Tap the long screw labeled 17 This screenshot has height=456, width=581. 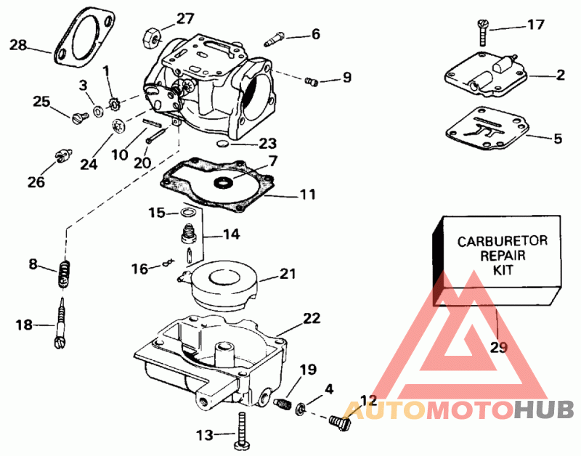pyautogui.click(x=482, y=33)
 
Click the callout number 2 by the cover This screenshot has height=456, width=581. pyautogui.click(x=560, y=75)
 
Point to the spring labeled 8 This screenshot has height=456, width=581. pyautogui.click(x=64, y=273)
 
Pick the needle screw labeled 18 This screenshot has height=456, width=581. pyautogui.click(x=61, y=325)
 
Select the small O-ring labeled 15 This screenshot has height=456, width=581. pyautogui.click(x=188, y=213)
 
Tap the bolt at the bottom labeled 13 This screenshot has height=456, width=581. pyautogui.click(x=242, y=431)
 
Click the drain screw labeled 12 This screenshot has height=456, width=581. pyautogui.click(x=339, y=423)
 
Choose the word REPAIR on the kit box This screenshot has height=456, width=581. pyautogui.click(x=503, y=256)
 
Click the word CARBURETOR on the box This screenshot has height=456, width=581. pyautogui.click(x=502, y=241)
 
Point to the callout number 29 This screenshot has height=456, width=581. pyautogui.click(x=498, y=348)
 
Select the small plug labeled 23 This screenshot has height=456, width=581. pyautogui.click(x=223, y=144)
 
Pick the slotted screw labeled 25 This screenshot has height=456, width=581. pyautogui.click(x=79, y=118)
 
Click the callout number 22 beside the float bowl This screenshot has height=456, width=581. pyautogui.click(x=312, y=318)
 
